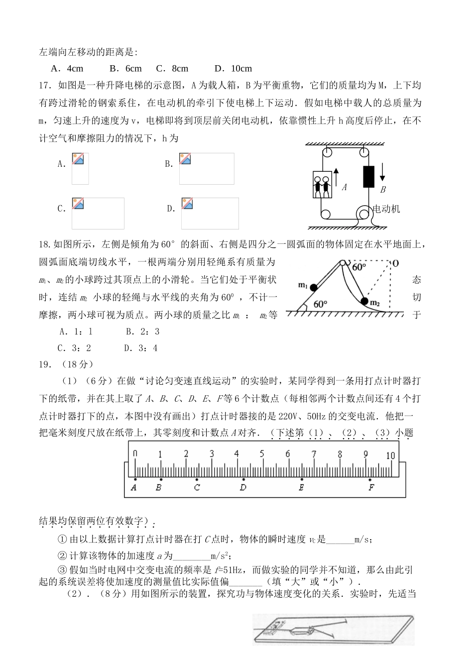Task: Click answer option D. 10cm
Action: point(233,69)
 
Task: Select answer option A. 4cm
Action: point(67,69)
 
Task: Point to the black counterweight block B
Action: point(368,176)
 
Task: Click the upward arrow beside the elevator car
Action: point(336,177)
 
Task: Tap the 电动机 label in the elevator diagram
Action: point(386,209)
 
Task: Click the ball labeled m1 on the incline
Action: point(313,287)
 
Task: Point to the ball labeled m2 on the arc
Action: point(364,301)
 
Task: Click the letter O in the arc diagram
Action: point(395,263)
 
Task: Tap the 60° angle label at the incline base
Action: point(321,304)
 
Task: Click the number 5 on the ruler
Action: point(261,454)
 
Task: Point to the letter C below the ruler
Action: point(197,488)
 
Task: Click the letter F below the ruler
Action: point(371,488)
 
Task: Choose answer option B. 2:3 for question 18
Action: point(142,332)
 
